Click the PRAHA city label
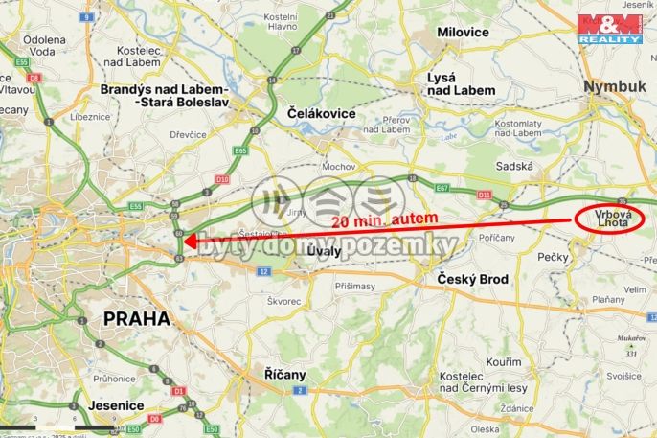pyautogui.click(x=136, y=318)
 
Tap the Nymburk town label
pyautogui.click(x=615, y=86)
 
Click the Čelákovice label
pyautogui.click(x=321, y=113)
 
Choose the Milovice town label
pyautogui.click(x=463, y=32)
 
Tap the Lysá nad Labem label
pyautogui.click(x=462, y=83)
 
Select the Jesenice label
pyautogui.click(x=115, y=406)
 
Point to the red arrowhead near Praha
pyautogui.click(x=186, y=241)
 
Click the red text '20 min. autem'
pyautogui.click(x=385, y=219)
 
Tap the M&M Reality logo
pyautogui.click(x=607, y=28)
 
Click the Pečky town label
pyautogui.click(x=555, y=257)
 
